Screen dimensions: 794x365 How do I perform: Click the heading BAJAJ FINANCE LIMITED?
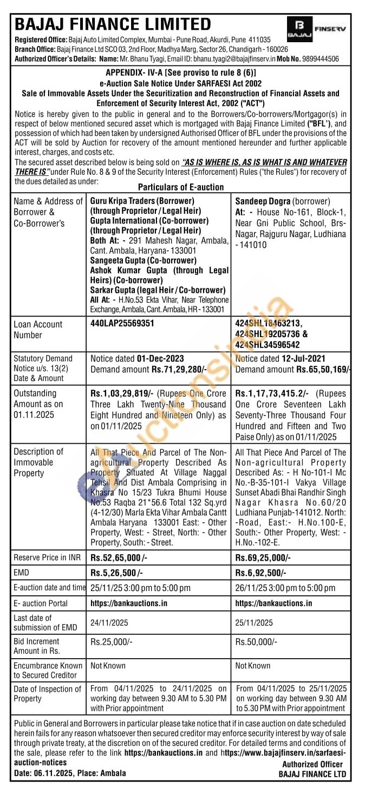113,24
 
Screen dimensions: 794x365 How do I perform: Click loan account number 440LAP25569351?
122,324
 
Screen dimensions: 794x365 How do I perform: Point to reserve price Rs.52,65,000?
116,557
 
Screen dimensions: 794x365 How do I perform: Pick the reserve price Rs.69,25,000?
263,557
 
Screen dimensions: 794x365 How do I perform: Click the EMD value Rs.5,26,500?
116,573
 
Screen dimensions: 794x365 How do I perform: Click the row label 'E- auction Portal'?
41,603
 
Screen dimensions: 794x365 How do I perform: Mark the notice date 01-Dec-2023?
160,358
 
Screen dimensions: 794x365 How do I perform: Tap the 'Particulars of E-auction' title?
181,187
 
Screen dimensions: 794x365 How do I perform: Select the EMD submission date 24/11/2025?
109,622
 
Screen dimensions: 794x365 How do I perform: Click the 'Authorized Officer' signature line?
312,764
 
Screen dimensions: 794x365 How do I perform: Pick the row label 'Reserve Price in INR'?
48,557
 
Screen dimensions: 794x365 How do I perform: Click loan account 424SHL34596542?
268,344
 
